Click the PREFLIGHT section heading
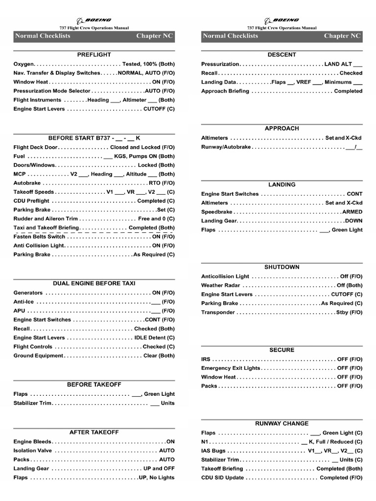[94, 54]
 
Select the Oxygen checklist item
[24, 64]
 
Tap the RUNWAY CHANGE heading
[282, 424]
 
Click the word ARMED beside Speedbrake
[352, 212]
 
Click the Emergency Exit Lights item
[231, 368]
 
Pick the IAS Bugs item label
[213, 451]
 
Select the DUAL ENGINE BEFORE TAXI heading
[94, 283]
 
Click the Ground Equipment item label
[39, 356]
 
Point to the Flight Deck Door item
[36, 147]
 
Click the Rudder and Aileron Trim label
[46, 219]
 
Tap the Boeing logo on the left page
[94, 21]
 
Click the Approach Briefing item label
[225, 91]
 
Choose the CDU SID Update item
[222, 478]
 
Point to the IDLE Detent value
[154, 338]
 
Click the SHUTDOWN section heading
[282, 267]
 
